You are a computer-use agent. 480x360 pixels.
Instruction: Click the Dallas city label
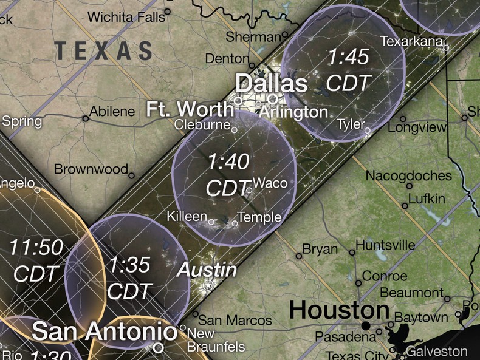coord(271,83)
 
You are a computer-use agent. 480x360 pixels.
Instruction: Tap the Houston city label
coord(338,310)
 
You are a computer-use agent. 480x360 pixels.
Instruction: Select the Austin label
coord(206,270)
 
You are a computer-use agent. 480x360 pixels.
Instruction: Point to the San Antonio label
coord(105,331)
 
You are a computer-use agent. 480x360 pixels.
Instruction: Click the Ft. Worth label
coord(190,110)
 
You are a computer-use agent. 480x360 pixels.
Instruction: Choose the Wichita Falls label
coord(126,17)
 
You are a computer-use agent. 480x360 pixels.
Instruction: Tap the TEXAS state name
coord(103,50)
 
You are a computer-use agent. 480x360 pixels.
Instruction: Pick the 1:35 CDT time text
coord(128,278)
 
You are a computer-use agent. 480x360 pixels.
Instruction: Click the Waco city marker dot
coord(249,191)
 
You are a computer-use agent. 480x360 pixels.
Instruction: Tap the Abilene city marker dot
coord(86,118)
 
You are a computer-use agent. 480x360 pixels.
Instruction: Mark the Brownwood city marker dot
coord(131,175)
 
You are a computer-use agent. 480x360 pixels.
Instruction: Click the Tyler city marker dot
coord(367,130)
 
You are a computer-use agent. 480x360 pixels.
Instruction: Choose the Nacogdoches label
coord(408,176)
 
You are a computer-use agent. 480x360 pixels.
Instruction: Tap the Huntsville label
coord(385,245)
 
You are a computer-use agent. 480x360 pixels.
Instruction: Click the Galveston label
coord(437,352)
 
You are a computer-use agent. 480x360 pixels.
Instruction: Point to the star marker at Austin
coord(208,285)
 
